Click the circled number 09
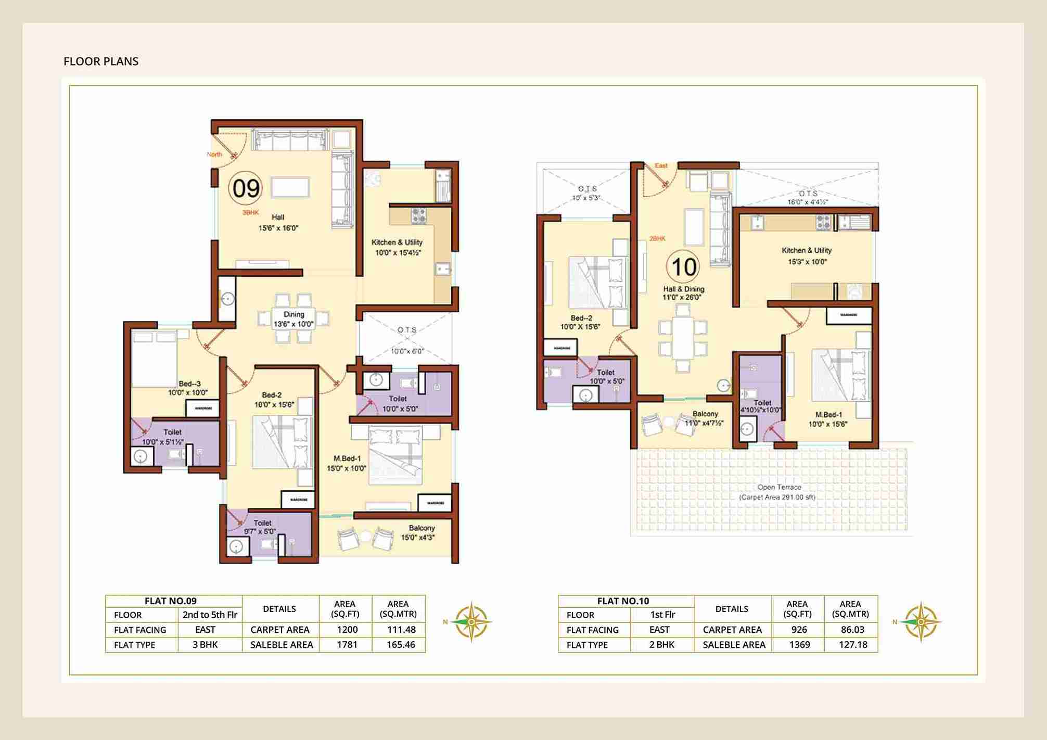pyautogui.click(x=246, y=188)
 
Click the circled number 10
pyautogui.click(x=683, y=267)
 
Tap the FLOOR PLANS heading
pyautogui.click(x=101, y=61)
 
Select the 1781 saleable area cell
pyautogui.click(x=347, y=645)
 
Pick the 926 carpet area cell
pyautogui.click(x=799, y=630)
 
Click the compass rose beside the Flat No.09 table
pyautogui.click(x=471, y=621)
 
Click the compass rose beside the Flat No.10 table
pyautogui.click(x=921, y=621)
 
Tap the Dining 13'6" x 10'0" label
pyautogui.click(x=293, y=319)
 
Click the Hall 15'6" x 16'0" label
pyautogui.click(x=278, y=222)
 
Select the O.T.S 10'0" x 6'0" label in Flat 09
pyautogui.click(x=407, y=340)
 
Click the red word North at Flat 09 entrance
pyautogui.click(x=214, y=155)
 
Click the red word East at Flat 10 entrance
pyautogui.click(x=661, y=165)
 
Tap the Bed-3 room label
pyautogui.click(x=189, y=388)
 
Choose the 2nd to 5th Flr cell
pyautogui.click(x=210, y=615)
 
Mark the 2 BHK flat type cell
pyautogui.click(x=661, y=645)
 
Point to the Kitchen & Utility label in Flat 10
pyautogui.click(x=806, y=256)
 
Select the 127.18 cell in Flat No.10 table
pyautogui.click(x=852, y=645)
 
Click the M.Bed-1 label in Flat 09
pyautogui.click(x=347, y=463)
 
